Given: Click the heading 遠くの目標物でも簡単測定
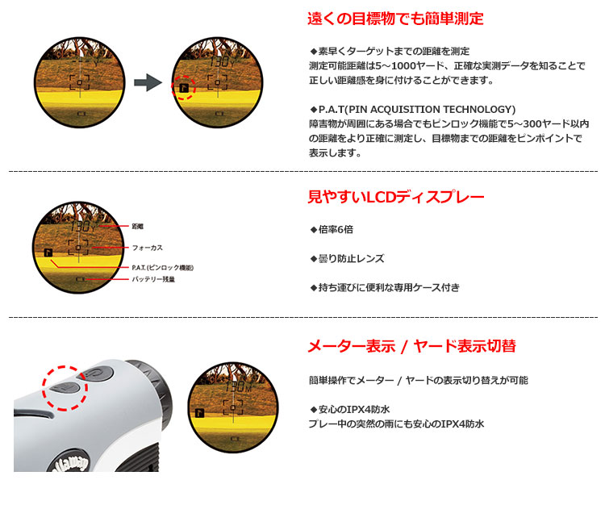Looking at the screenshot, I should (x=395, y=19).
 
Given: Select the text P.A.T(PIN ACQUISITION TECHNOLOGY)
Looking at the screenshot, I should (x=412, y=109).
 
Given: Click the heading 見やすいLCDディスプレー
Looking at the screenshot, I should (x=396, y=197).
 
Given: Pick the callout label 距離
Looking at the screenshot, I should (x=138, y=227).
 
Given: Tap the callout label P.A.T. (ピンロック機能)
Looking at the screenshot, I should (x=162, y=267).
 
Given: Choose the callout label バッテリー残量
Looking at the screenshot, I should (x=153, y=280).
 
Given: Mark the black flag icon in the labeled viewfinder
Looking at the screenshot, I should (x=49, y=252).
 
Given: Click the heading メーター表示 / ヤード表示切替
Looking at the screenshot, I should (x=411, y=347).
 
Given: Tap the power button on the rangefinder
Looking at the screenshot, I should (x=94, y=373).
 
